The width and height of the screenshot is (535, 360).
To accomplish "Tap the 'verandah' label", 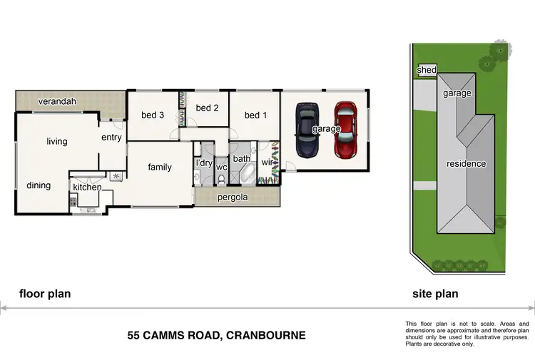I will (58, 101).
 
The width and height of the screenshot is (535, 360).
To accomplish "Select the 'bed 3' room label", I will (153, 115).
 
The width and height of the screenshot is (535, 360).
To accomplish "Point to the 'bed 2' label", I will (207, 108).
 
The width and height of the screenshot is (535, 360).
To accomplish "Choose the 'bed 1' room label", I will (255, 115).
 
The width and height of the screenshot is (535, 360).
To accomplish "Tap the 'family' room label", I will (160, 168).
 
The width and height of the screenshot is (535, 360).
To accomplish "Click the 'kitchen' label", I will (87, 187).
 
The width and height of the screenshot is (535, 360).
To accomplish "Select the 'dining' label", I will (39, 185).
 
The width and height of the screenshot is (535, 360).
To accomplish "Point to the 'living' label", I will (57, 141).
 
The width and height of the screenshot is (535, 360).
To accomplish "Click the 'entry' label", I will (111, 138).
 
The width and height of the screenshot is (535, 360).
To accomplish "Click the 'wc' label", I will (221, 168).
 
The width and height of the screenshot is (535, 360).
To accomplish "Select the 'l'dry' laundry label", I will (204, 163).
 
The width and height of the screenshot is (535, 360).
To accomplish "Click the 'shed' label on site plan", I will (427, 70).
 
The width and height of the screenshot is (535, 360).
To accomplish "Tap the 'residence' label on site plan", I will (466, 164).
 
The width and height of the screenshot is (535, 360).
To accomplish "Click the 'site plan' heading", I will (435, 294).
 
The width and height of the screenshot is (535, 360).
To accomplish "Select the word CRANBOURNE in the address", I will (265, 334).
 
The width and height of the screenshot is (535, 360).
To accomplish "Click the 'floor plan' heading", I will (44, 294).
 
